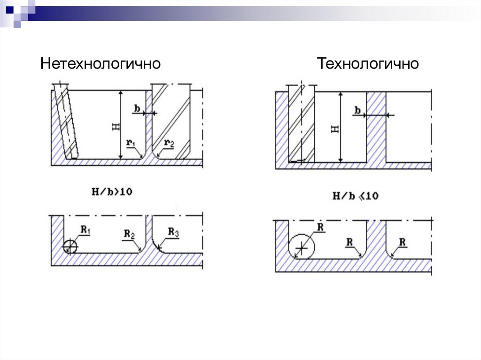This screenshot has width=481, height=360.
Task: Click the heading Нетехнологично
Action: [x=101, y=63]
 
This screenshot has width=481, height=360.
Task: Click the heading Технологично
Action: [x=368, y=63]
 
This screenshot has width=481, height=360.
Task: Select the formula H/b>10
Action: [x=111, y=191]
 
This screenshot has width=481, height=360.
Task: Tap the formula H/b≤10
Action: [x=356, y=196]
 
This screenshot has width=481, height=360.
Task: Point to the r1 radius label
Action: [x=132, y=143]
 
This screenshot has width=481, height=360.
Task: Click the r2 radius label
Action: [x=169, y=143]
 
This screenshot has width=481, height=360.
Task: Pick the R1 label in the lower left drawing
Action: [x=85, y=229]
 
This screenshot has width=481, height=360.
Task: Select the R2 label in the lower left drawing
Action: [x=130, y=233]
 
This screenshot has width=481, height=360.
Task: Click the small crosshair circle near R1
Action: [x=70, y=245]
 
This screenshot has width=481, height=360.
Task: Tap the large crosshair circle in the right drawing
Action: [x=302, y=245]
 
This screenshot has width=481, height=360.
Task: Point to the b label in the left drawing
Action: [x=137, y=109]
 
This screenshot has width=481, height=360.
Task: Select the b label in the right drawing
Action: [x=358, y=111]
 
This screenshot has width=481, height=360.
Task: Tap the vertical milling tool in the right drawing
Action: [x=301, y=124]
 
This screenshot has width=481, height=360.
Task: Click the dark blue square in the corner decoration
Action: [x=9, y=8]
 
